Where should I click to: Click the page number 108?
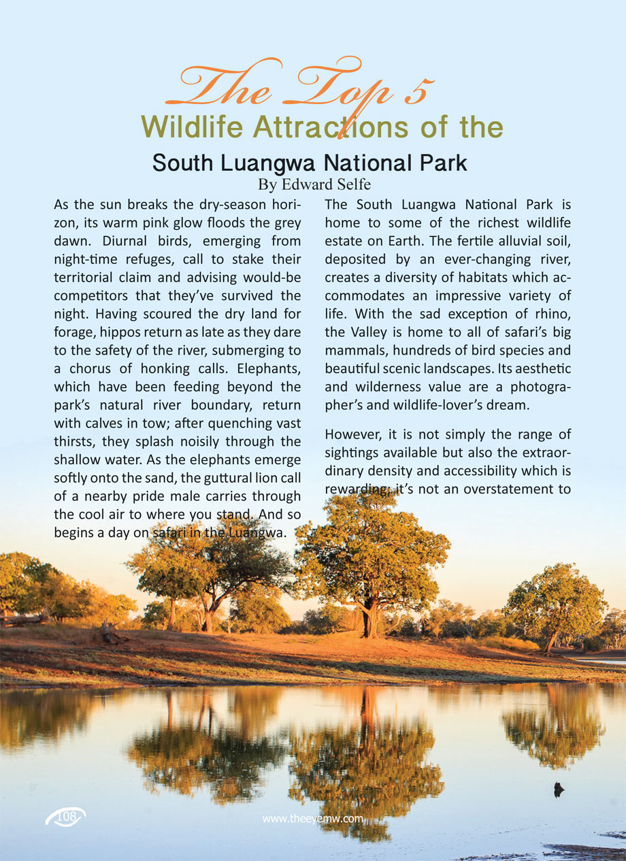click(67, 816)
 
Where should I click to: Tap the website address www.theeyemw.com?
click(313, 819)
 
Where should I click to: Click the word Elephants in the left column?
click(265, 369)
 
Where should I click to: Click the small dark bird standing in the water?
click(559, 790)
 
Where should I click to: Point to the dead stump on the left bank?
click(109, 634)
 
